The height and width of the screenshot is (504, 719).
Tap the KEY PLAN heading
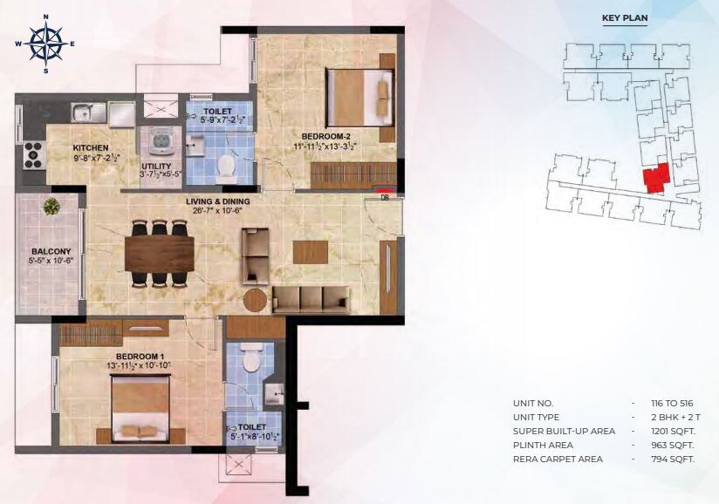(x=624, y=17)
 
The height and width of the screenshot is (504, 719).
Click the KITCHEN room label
(x=91, y=148)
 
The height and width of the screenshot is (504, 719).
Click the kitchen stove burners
(x=33, y=155)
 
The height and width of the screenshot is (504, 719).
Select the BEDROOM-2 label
(x=326, y=136)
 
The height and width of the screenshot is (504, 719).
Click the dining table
(x=159, y=254)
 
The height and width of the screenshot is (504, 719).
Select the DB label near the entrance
(x=385, y=198)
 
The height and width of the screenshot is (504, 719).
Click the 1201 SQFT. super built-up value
(x=671, y=431)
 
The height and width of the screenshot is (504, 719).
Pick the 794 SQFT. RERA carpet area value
(x=670, y=459)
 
